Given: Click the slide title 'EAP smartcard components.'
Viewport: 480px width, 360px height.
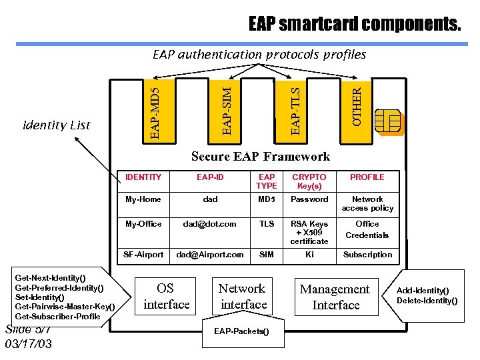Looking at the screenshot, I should click(x=354, y=25).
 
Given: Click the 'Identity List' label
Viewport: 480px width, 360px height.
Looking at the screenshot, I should click(x=57, y=125).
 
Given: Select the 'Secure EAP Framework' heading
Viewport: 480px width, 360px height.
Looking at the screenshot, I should click(x=260, y=157).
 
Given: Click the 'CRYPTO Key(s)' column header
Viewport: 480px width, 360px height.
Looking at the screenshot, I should click(x=309, y=181).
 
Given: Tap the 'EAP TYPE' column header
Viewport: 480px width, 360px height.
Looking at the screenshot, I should click(x=266, y=181).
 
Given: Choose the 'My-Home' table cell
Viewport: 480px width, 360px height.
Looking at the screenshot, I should click(x=143, y=199).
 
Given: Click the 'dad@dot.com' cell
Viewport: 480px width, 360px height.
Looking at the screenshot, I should click(x=210, y=224).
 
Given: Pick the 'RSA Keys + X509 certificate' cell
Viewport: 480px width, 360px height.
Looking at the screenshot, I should click(x=309, y=232).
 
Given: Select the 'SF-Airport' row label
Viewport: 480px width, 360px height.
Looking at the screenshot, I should click(x=143, y=255).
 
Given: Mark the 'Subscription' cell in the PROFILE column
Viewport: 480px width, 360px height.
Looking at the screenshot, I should click(x=367, y=255).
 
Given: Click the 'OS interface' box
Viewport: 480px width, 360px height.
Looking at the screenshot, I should click(x=165, y=297).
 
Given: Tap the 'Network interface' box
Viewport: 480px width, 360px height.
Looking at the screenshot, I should click(x=243, y=297).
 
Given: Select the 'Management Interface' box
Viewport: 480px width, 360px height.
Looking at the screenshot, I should click(x=335, y=297).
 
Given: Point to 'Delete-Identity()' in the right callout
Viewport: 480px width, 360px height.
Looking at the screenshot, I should click(x=427, y=301).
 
